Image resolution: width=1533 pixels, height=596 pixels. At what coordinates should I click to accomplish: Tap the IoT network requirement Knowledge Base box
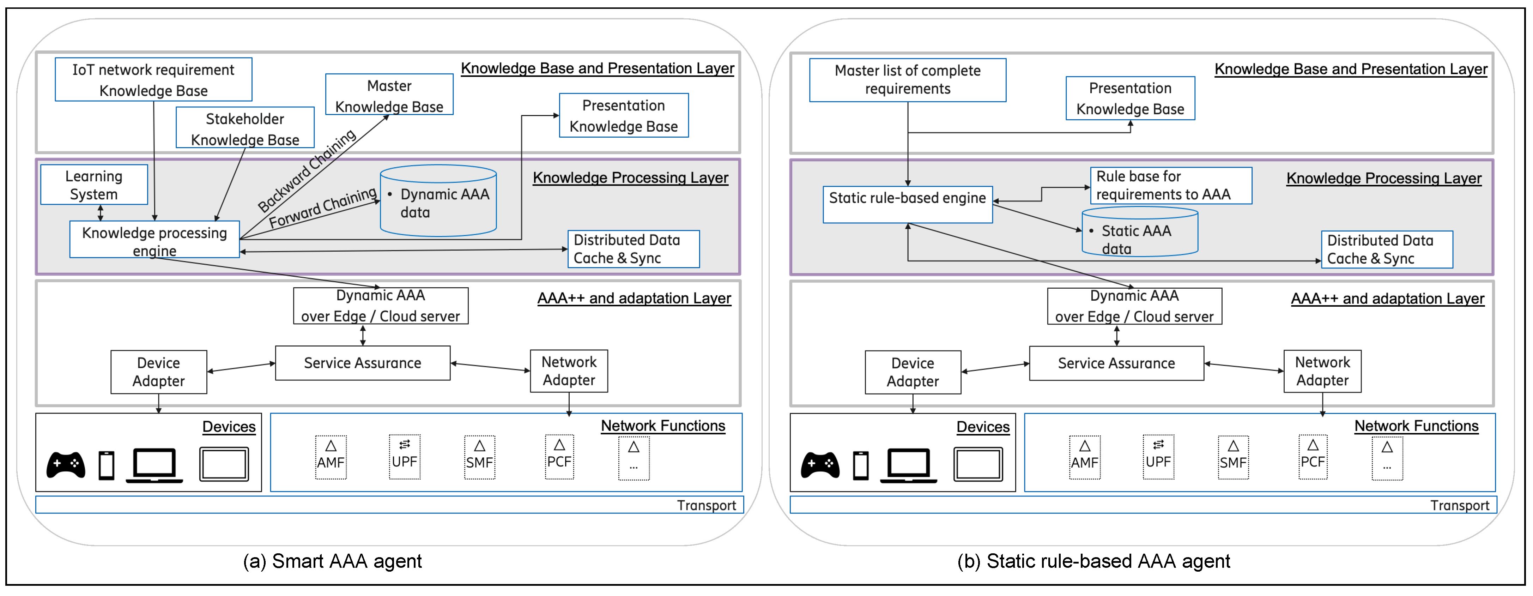click(153, 80)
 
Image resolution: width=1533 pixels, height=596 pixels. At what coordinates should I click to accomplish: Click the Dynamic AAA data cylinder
click(438, 203)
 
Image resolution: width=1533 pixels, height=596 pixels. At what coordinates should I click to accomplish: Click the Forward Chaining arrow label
click(322, 207)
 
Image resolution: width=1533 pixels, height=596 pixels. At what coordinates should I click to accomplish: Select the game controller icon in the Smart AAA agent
click(66, 464)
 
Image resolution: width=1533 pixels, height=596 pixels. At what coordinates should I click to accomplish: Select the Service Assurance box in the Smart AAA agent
click(362, 363)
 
